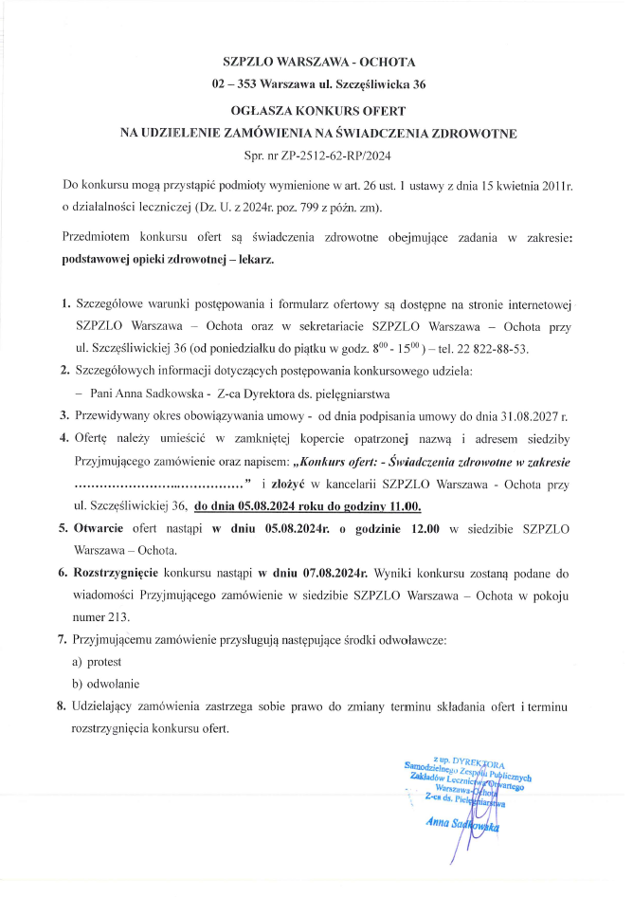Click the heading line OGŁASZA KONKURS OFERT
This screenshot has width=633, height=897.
316,111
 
